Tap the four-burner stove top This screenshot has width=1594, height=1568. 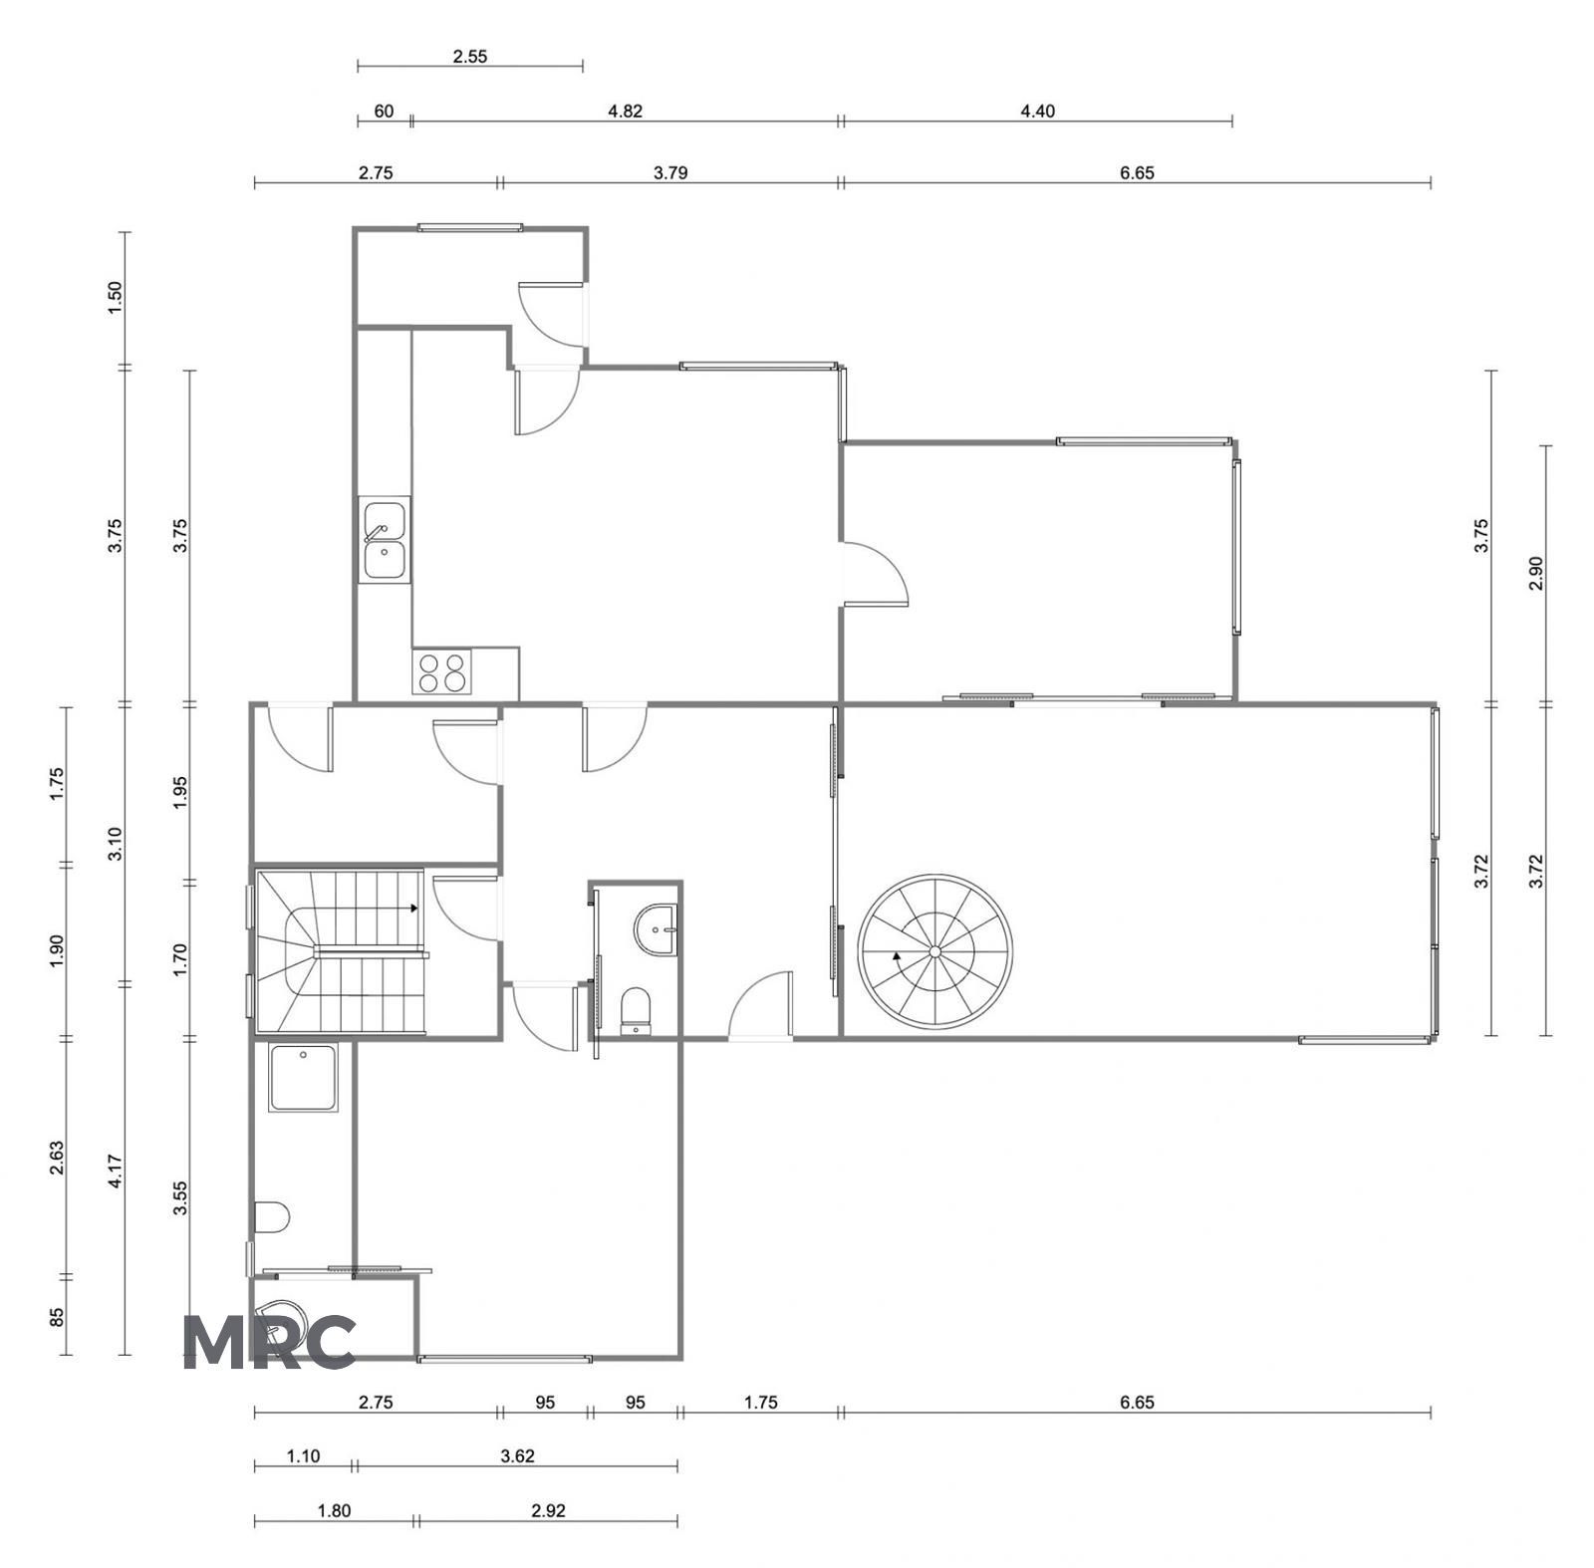tap(441, 671)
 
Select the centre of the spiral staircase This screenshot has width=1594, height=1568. tap(935, 951)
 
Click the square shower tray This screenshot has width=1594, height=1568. tap(303, 1077)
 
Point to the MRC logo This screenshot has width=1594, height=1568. tap(269, 1341)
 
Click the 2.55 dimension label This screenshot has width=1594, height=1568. tap(470, 57)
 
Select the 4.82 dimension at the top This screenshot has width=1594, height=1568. tap(625, 111)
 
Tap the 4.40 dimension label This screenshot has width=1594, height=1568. tap(1037, 111)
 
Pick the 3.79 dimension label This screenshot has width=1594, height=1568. tap(670, 172)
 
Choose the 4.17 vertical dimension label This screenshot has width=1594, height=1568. tap(115, 1171)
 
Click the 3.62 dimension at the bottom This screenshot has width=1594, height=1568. tap(517, 1455)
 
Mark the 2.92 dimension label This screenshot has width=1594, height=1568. tap(548, 1510)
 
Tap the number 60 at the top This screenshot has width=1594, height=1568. tap(384, 111)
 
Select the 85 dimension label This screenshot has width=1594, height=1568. tap(57, 1317)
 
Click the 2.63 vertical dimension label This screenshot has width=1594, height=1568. tap(57, 1158)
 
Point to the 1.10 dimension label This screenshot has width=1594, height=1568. tap(303, 1455)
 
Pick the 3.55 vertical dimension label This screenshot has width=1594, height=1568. tap(180, 1198)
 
